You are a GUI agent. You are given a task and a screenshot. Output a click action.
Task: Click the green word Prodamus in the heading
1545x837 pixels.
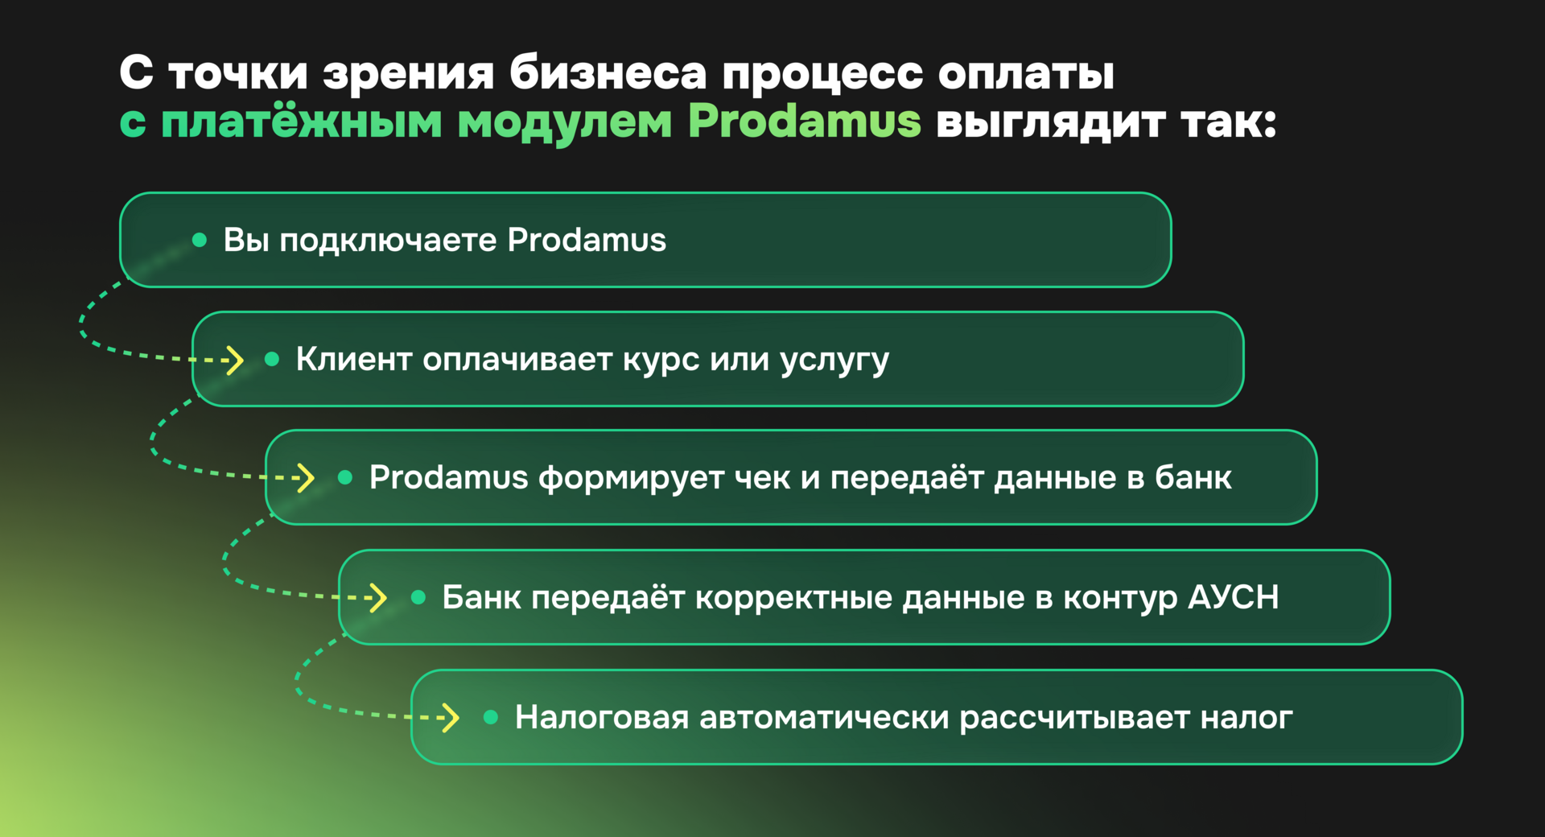[804, 122]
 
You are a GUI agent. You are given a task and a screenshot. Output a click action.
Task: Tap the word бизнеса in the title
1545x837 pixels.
[608, 73]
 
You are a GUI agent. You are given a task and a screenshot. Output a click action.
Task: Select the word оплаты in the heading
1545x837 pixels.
[1026, 73]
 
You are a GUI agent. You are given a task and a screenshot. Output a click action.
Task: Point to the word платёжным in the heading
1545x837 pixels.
[302, 122]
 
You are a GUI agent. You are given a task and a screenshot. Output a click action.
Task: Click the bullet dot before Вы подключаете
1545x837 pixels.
[200, 240]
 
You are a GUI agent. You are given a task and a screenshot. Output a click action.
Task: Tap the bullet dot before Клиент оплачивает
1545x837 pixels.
[272, 359]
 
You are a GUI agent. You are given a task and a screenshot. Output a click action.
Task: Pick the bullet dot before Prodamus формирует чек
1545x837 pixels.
[345, 477]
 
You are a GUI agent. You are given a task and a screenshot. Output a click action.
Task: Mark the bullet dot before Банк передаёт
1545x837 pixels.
[418, 597]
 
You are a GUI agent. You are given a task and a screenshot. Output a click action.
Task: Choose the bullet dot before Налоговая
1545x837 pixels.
[491, 716]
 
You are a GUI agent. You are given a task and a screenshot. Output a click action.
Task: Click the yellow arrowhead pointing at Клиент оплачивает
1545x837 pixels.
[234, 360]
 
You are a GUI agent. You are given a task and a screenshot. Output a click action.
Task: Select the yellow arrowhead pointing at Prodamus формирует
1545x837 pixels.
[306, 477]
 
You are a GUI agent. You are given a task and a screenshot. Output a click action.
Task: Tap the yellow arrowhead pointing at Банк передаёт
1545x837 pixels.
[378, 597]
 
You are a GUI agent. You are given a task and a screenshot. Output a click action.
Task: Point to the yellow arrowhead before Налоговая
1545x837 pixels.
[451, 716]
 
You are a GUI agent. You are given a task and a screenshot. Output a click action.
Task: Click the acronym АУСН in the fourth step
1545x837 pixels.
[1233, 597]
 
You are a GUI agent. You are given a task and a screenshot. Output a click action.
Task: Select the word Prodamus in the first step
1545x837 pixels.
[587, 240]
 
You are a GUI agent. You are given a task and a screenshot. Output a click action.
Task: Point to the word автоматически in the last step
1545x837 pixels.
[824, 717]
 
